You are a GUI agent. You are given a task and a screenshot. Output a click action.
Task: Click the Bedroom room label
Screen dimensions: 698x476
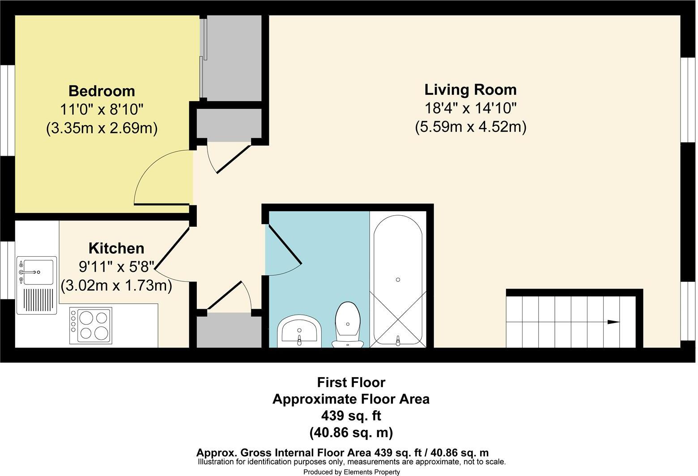[102, 91]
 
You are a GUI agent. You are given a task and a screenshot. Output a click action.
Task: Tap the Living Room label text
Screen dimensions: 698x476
[470, 90]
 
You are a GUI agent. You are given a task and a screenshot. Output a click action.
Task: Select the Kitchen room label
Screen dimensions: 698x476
[116, 249]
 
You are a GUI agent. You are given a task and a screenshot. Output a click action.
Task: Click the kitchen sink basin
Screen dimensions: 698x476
[38, 272]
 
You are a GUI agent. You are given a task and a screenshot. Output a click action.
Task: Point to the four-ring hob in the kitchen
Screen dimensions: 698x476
[91, 326]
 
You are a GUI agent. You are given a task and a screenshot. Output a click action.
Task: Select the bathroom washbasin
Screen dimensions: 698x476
[299, 331]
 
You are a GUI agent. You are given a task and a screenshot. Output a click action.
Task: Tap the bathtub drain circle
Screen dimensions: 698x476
[398, 280]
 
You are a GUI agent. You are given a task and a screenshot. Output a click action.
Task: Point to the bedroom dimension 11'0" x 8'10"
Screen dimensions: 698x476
[102, 110]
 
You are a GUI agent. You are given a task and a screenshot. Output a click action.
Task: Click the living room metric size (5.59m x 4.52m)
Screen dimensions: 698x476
[471, 127]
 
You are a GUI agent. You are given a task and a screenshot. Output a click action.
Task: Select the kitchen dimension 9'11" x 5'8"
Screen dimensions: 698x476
[116, 267]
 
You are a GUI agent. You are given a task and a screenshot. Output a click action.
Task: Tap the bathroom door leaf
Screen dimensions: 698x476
[283, 244]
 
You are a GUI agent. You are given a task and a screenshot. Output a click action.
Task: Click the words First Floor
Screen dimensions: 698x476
[351, 382]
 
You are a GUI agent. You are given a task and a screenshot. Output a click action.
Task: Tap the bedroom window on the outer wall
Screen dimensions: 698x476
[7, 110]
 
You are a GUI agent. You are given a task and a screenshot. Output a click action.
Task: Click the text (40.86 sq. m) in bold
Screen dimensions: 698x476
[351, 433]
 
